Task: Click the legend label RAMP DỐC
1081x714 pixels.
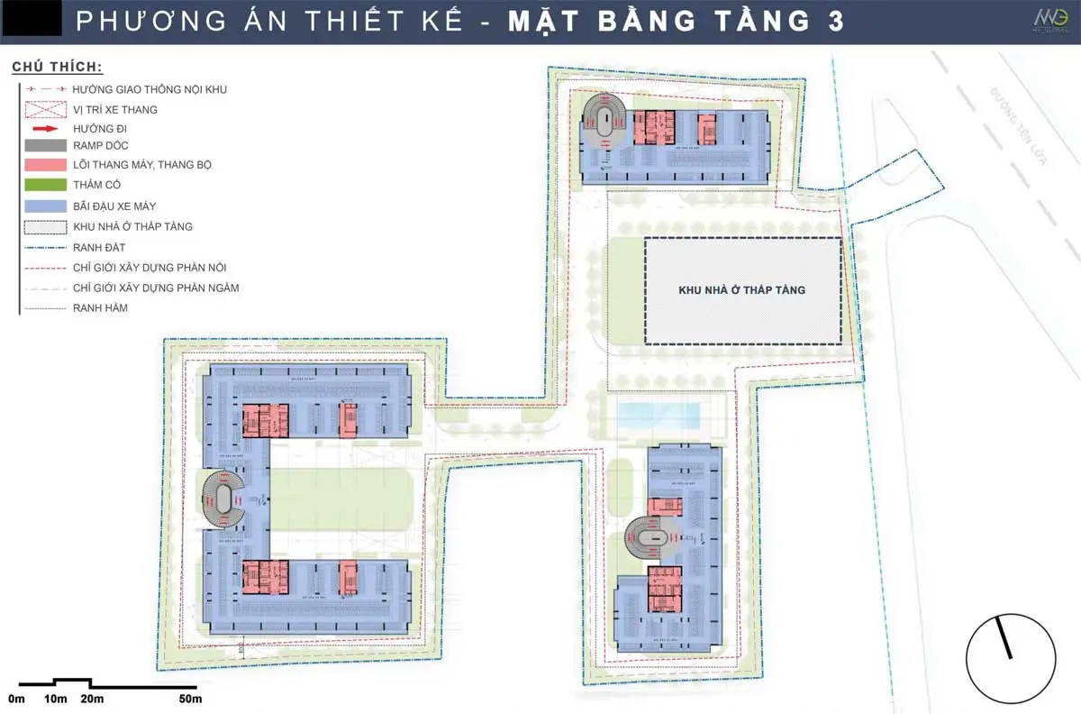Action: pyautogui.click(x=101, y=146)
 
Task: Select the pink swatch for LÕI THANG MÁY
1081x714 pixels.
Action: pyautogui.click(x=45, y=165)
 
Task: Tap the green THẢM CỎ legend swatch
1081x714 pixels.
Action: pyautogui.click(x=45, y=184)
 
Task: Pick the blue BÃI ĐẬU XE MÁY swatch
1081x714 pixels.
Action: pyautogui.click(x=45, y=206)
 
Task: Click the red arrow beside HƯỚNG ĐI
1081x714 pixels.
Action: pyautogui.click(x=45, y=128)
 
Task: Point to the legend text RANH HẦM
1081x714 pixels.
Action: pyautogui.click(x=100, y=307)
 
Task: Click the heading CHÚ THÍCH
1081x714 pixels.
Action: pyautogui.click(x=57, y=67)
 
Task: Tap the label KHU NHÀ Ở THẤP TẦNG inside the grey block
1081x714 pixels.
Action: pyautogui.click(x=741, y=290)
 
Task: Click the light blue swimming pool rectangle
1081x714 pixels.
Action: pyautogui.click(x=658, y=416)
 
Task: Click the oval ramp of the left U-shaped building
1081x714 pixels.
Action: pyautogui.click(x=223, y=499)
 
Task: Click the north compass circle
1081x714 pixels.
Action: pyautogui.click(x=1011, y=656)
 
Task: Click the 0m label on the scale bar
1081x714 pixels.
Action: pyautogui.click(x=17, y=699)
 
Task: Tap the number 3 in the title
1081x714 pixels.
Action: pyautogui.click(x=836, y=22)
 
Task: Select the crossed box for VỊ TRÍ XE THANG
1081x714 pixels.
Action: pyautogui.click(x=45, y=109)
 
